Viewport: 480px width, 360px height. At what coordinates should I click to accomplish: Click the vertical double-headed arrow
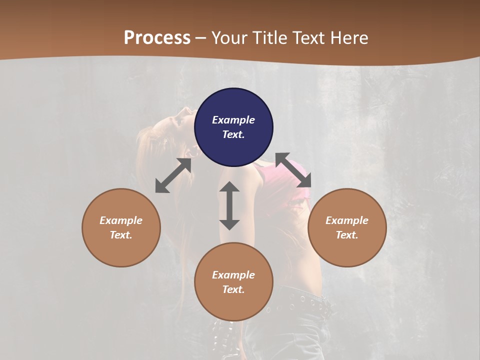(229, 205)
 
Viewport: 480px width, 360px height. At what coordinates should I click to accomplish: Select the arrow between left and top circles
(173, 175)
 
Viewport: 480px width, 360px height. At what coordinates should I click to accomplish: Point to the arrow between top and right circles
(293, 170)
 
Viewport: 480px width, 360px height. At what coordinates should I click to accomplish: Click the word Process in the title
(157, 37)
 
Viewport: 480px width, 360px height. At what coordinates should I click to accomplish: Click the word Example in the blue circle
(233, 120)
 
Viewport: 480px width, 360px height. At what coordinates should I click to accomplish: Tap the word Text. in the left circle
(121, 235)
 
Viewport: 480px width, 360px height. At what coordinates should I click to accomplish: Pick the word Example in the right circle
(347, 220)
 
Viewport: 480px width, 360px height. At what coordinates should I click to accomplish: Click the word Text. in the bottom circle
(233, 289)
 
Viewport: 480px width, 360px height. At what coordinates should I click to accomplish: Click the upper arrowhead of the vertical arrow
(229, 187)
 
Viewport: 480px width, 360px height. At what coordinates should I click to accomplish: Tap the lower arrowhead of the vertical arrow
(229, 224)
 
